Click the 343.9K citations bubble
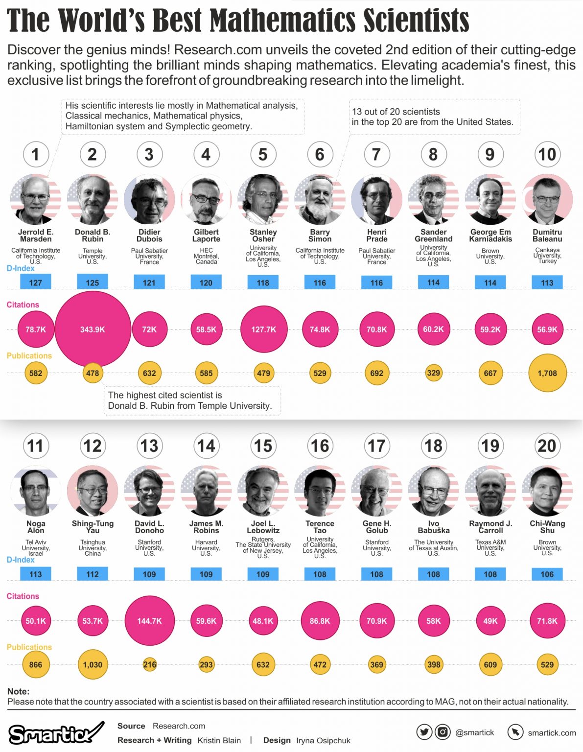(93, 329)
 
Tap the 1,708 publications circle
(547, 373)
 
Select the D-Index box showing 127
(36, 282)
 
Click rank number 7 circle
(376, 154)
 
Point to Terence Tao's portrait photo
(320, 491)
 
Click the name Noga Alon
(36, 527)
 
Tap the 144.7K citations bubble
(149, 621)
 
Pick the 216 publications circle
(149, 664)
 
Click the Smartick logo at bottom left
(55, 733)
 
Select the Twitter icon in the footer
(424, 732)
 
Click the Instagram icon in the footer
(443, 732)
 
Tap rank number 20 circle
(547, 446)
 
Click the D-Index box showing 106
(547, 574)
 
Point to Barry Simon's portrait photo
(320, 200)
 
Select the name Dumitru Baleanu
(547, 235)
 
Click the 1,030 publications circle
(93, 664)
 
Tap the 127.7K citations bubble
(263, 329)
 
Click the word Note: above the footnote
(19, 691)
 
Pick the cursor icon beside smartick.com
(515, 732)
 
